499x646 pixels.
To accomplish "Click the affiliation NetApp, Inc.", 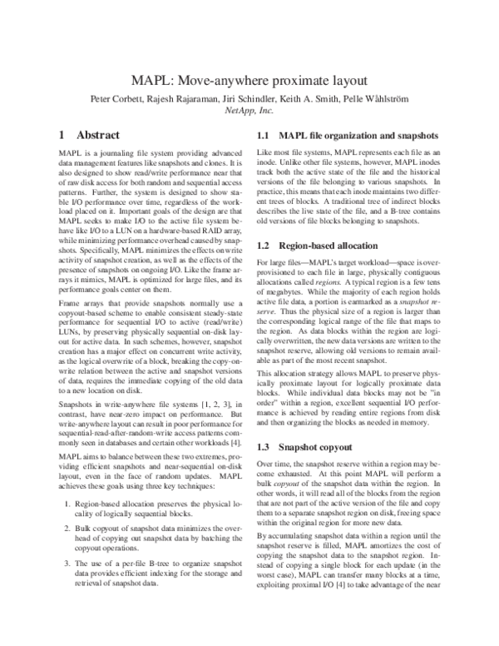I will point(249,110).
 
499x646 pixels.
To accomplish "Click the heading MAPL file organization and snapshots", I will point(358,135).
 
